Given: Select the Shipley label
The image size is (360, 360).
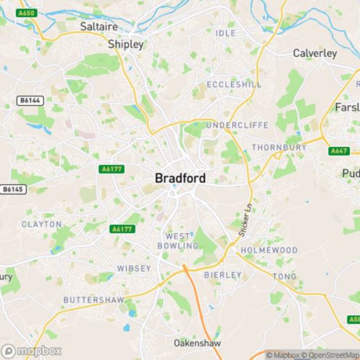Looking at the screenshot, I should [126, 44].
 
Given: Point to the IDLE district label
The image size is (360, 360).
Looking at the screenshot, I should [225, 54].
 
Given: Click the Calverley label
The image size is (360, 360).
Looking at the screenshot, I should [315, 53].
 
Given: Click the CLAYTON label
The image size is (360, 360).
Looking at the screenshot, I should [42, 224].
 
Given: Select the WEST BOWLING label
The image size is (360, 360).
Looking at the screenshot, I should [181, 240].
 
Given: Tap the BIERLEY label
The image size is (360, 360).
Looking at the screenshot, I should [220, 274].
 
